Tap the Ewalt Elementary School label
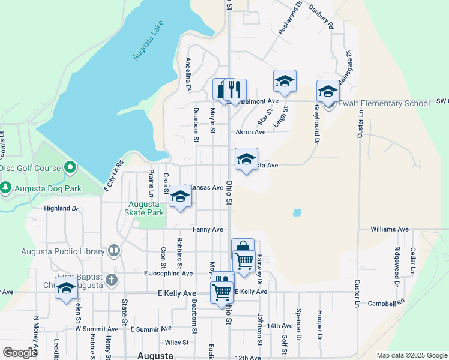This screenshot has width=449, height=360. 384,103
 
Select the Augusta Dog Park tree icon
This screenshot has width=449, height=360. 6,188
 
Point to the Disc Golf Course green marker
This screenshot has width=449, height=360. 70,168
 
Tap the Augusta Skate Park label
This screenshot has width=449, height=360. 144,208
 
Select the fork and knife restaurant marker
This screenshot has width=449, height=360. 235,90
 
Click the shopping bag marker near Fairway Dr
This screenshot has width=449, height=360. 243,248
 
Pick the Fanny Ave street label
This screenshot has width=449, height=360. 208,229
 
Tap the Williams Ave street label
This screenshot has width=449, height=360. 389,229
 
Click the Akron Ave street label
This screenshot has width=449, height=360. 250,132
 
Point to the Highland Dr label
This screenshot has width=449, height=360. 62,208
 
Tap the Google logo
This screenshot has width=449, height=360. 20,353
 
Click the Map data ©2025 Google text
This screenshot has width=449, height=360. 412,355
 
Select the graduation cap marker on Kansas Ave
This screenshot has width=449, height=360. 179,197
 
